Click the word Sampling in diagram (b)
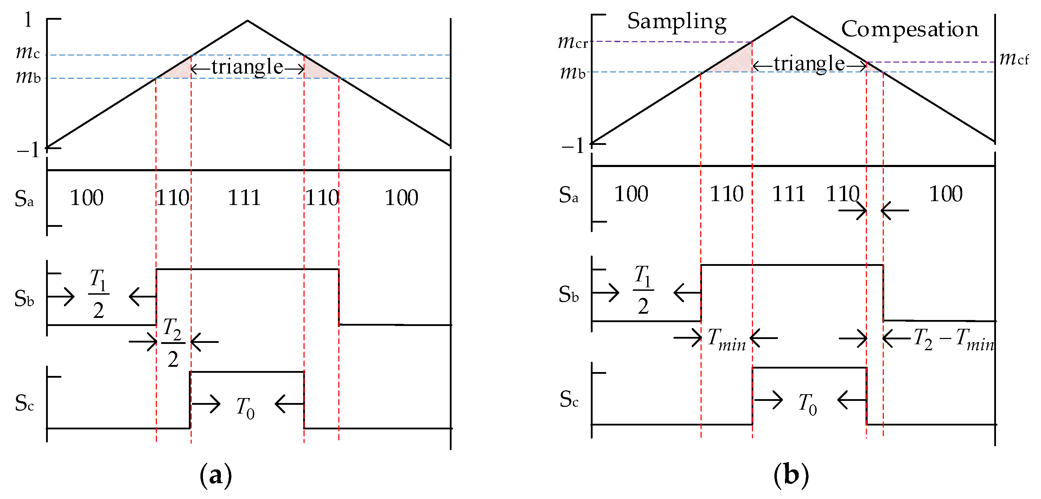click(677, 22)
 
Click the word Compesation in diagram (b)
click(909, 30)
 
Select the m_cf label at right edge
click(1014, 59)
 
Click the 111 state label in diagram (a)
click(244, 198)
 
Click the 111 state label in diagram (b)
click(788, 194)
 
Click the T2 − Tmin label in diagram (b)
click(954, 339)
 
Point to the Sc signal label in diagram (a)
click(24, 403)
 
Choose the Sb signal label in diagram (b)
click(569, 295)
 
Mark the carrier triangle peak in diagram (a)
click(248, 21)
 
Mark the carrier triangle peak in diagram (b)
click(792, 17)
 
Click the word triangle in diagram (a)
click(247, 67)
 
